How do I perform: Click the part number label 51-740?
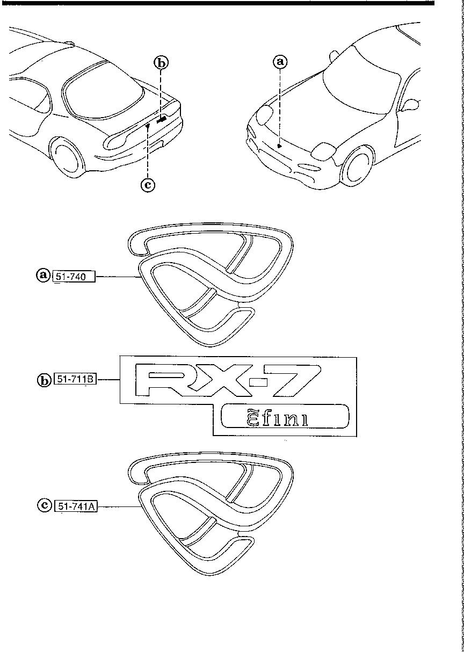(74, 276)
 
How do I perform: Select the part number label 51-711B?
(75, 380)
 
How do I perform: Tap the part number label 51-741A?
(76, 505)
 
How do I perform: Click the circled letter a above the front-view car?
(280, 62)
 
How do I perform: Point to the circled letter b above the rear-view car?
(161, 63)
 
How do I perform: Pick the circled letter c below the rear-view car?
(147, 185)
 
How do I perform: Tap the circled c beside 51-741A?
(43, 505)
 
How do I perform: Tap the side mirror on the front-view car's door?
(411, 104)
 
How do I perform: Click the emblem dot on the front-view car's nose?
(279, 145)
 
